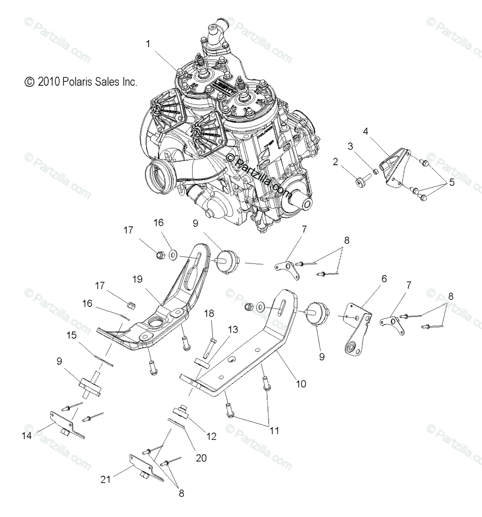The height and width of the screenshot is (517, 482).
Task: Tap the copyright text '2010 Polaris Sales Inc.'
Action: [81, 82]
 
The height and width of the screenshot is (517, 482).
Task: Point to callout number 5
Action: [451, 182]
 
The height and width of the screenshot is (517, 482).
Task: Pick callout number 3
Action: [351, 146]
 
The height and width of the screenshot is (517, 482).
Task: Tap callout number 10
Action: [301, 384]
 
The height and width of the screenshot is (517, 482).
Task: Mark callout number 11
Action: [274, 430]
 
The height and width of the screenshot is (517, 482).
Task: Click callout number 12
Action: [211, 436]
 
